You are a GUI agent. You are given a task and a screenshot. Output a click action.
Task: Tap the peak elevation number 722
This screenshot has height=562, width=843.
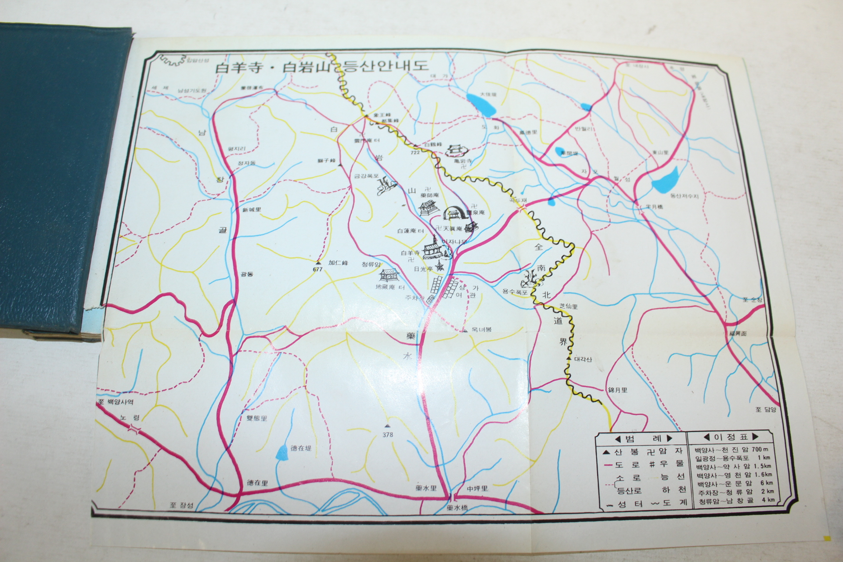click(x=415, y=152)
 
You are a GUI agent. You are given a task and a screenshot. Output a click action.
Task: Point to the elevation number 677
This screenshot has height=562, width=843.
click(x=318, y=269)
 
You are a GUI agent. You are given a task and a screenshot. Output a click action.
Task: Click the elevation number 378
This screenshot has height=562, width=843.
click(x=388, y=435)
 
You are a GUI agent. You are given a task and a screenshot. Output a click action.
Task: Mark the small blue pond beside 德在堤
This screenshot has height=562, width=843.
click(x=281, y=452)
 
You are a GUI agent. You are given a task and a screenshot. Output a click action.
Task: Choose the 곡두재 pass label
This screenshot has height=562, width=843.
click(x=518, y=200)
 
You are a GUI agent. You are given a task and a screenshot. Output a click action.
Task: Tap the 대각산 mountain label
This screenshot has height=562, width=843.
click(x=583, y=359)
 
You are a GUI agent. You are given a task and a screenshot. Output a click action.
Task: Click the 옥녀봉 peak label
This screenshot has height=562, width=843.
click(x=481, y=329)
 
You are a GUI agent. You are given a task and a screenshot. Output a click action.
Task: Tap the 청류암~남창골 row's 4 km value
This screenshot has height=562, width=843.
click(x=767, y=500)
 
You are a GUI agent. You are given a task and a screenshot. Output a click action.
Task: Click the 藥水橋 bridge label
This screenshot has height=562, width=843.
click(x=457, y=508)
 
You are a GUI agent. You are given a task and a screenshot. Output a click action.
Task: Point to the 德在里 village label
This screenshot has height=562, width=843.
click(x=257, y=483)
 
